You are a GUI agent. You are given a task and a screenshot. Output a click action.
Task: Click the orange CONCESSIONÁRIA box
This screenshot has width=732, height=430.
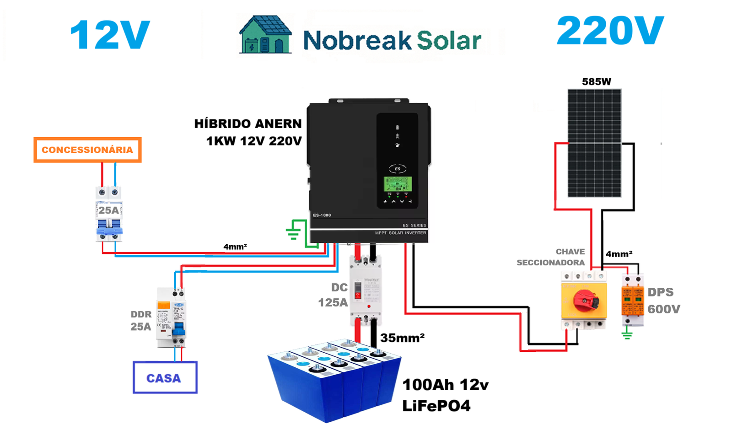coord(87,150)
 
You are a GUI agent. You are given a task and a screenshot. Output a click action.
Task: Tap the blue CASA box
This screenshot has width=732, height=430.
coord(165,377)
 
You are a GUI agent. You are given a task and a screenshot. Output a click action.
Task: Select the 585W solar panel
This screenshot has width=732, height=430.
coord(594,143)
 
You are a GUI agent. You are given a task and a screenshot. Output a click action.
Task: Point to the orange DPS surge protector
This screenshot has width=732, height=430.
coord(632,300)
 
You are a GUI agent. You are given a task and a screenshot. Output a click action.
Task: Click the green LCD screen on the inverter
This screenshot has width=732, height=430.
coord(398,184)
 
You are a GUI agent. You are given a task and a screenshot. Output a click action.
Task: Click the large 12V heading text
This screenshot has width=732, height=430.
coord(110,35)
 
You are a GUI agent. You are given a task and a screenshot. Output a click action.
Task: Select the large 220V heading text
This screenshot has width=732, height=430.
coord(610,31)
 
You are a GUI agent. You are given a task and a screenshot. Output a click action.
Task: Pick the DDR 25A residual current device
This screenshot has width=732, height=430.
coord(171,318)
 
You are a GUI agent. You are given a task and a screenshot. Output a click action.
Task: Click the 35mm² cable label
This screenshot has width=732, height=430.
coord(402,338)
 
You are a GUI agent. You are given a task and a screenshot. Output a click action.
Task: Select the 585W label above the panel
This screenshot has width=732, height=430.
coord(596,82)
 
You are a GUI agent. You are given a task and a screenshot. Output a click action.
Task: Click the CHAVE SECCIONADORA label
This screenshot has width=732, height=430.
coord(551,257)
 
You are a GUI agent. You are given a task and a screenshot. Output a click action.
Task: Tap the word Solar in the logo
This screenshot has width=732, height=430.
coord(448,40)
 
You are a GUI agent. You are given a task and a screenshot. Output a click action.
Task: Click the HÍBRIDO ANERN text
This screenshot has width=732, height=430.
coord(248,124)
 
